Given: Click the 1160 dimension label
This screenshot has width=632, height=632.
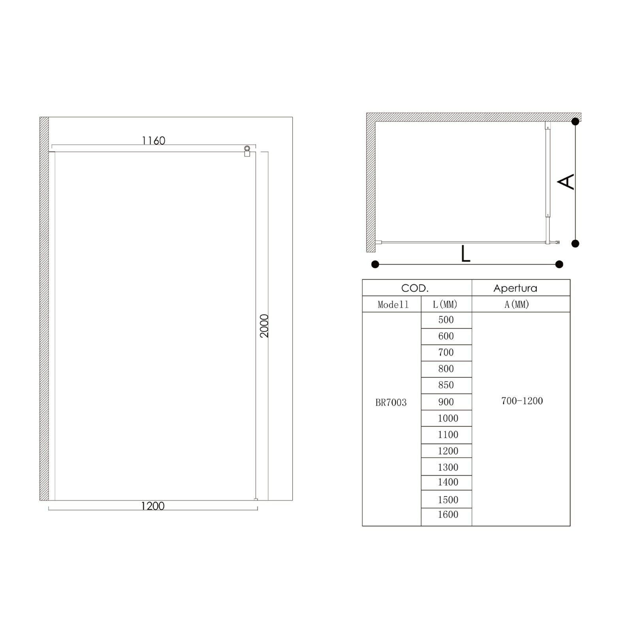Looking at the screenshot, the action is [154, 140].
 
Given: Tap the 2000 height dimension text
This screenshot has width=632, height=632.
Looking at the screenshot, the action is [264, 326].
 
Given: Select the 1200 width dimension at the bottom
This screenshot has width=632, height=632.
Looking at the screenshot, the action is [153, 506].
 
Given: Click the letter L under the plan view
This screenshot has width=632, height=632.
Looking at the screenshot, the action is [466, 254].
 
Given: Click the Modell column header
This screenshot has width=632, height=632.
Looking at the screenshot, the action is [393, 305].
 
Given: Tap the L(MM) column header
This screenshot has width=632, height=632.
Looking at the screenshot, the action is [445, 305].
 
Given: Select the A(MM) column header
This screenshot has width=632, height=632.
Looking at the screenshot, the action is [517, 305].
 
